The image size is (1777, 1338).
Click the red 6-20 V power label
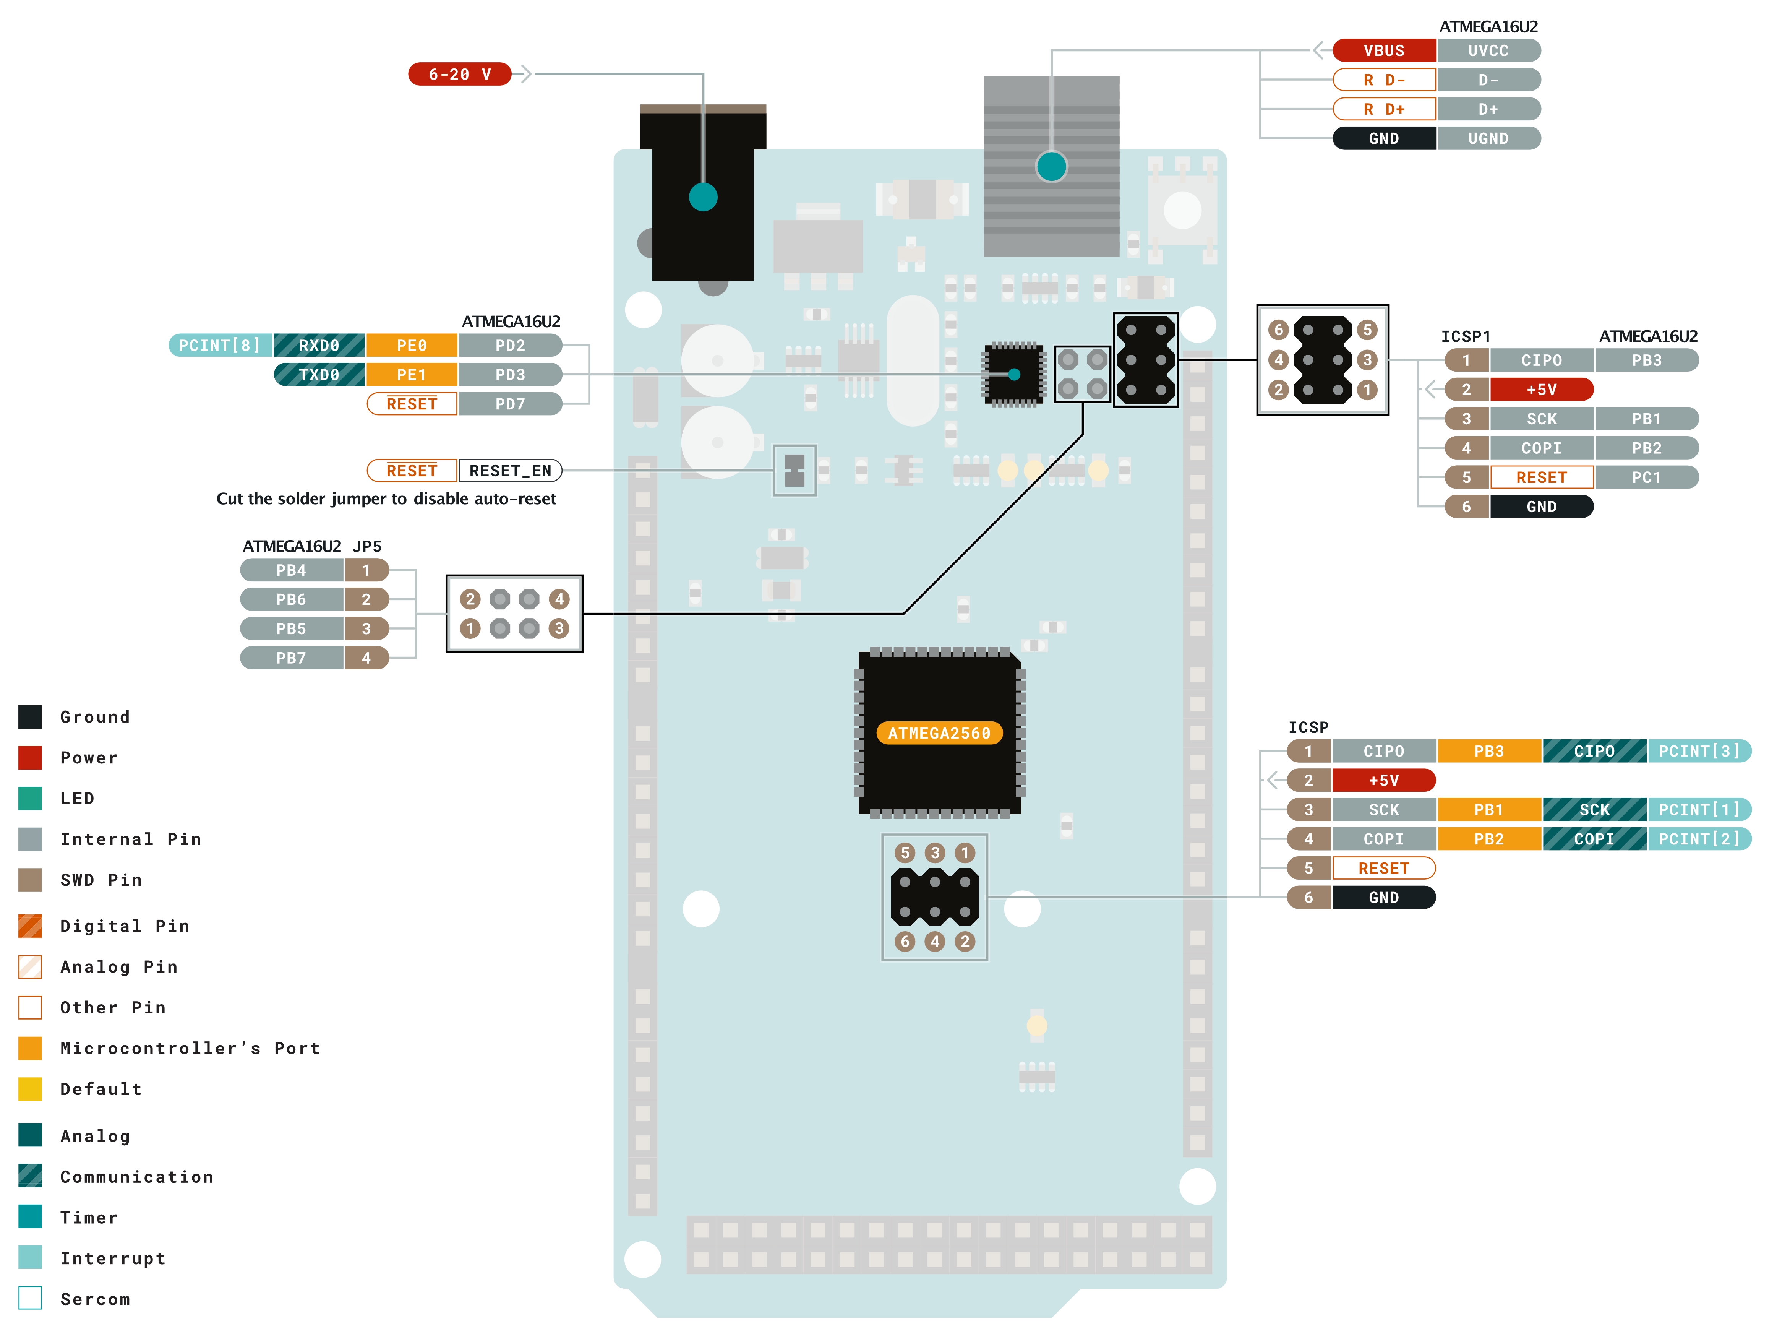459,74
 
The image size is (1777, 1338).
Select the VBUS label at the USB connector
1383,50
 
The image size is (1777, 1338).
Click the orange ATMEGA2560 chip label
939,733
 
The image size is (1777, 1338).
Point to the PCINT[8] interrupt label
220,346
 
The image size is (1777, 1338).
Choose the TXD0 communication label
319,375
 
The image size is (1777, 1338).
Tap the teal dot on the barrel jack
703,197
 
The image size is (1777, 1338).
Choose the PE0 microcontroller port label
411,346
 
